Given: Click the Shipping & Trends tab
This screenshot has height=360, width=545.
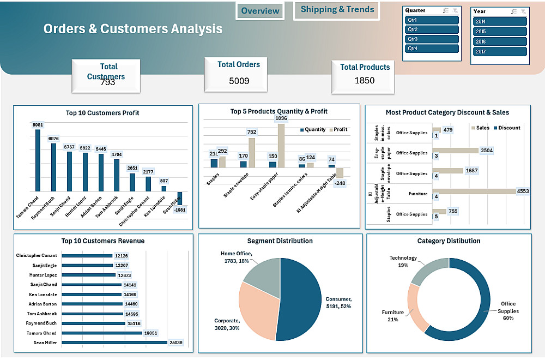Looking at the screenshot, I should click(337, 10).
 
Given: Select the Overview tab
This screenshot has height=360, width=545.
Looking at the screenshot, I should click(260, 11).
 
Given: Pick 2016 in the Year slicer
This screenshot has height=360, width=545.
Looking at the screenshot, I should click(500, 41).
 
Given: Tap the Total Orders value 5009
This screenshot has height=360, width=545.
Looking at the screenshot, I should click(239, 81).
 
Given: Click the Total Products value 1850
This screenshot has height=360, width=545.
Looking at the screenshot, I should click(365, 81).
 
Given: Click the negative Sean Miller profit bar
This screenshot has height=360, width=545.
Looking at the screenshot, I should click(180, 199).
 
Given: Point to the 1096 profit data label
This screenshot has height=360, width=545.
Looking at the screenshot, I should click(281, 118).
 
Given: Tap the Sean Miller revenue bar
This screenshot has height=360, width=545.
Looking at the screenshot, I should click(114, 343).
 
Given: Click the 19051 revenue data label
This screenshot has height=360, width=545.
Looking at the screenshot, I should click(150, 333).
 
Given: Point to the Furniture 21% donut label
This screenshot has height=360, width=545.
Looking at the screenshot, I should click(393, 316).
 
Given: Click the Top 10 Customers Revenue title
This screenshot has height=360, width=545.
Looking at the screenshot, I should click(103, 241).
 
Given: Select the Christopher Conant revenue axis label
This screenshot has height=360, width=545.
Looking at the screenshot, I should click(36, 256).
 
